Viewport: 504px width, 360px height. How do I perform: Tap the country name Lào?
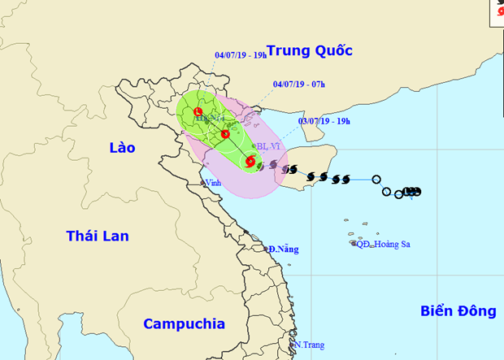[x=123, y=147]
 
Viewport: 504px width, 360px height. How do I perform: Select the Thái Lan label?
[x=98, y=236]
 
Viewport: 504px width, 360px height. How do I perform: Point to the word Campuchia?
[x=185, y=323]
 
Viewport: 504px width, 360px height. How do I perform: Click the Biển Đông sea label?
[x=458, y=310]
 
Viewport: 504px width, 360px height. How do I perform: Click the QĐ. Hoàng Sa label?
[x=384, y=243]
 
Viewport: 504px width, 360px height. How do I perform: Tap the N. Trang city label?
[x=308, y=345]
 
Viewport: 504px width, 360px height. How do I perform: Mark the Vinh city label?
[x=213, y=183]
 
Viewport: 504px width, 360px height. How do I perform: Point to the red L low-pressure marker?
[x=198, y=111]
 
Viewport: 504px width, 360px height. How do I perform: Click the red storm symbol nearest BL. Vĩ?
[x=250, y=163]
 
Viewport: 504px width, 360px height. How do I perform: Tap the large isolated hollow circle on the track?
[x=376, y=180]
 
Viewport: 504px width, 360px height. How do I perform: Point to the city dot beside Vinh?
[x=202, y=184]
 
